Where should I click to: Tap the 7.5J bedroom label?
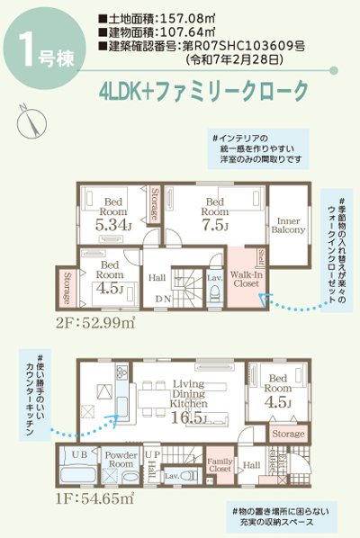[215, 212]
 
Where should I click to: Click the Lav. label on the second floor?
[214, 279]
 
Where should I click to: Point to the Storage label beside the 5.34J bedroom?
[156, 204]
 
